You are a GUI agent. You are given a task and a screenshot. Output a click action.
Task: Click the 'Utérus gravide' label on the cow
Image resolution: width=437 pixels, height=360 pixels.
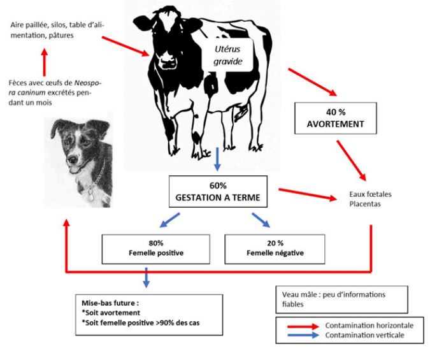pyautogui.click(x=228, y=55)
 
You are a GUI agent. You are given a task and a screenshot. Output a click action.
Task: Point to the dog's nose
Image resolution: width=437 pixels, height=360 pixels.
pyautogui.click(x=73, y=159)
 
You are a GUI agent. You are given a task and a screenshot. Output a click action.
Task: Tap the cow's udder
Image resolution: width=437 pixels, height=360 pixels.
pyautogui.click(x=240, y=112)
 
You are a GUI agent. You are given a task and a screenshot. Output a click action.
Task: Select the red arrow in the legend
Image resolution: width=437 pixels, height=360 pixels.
pyautogui.click(x=303, y=326)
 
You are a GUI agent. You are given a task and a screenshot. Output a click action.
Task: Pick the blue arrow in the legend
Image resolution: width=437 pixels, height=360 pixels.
pyautogui.click(x=303, y=335)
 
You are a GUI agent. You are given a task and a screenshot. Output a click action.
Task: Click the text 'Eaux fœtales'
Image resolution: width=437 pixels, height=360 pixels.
pyautogui.click(x=370, y=194)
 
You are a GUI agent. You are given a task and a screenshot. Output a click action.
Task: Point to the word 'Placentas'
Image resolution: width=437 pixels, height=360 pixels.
pyautogui.click(x=365, y=204)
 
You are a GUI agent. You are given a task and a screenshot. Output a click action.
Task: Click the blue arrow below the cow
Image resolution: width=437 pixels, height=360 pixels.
pyautogui.click(x=217, y=159)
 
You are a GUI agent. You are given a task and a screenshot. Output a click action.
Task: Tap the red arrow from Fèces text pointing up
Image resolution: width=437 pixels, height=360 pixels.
pyautogui.click(x=45, y=62)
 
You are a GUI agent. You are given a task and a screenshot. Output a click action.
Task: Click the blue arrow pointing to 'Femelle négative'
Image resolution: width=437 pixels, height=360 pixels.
pyautogui.click(x=261, y=220)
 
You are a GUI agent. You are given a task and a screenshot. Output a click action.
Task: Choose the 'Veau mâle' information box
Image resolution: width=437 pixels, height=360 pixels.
pyautogui.click(x=341, y=299)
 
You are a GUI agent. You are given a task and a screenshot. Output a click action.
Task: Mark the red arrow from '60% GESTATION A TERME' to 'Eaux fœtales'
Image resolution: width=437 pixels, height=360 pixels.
pyautogui.click(x=308, y=194)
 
